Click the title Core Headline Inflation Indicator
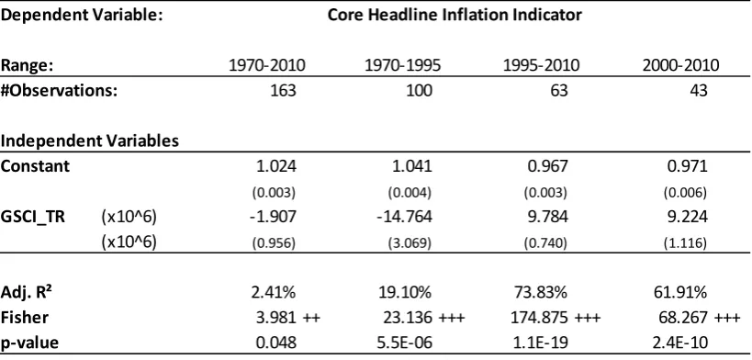(x=455, y=15)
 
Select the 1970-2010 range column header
(x=267, y=65)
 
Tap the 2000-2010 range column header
(x=681, y=65)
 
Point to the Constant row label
(x=35, y=166)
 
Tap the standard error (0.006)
(x=685, y=193)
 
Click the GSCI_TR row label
(x=33, y=217)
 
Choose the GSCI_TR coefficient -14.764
(x=403, y=217)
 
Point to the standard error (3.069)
(x=410, y=243)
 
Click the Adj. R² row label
(x=28, y=292)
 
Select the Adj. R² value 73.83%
(x=539, y=292)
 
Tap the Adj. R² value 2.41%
(x=273, y=292)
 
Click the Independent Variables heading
(x=90, y=141)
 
